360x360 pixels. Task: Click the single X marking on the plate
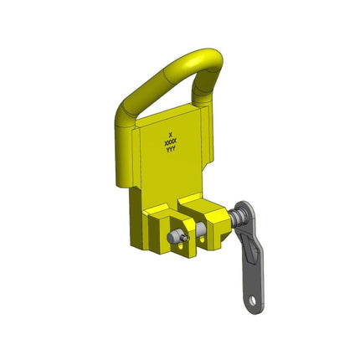coord(171,134)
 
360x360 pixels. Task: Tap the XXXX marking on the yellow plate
coord(171,143)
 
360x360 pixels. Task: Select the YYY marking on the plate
coord(171,150)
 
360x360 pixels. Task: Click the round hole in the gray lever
coord(253,301)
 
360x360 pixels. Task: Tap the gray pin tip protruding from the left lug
coord(173,236)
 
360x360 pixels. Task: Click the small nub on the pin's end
coord(183,238)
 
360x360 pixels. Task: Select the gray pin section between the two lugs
coord(199,229)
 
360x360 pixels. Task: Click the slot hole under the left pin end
coord(181,247)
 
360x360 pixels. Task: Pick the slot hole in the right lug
coord(202,239)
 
